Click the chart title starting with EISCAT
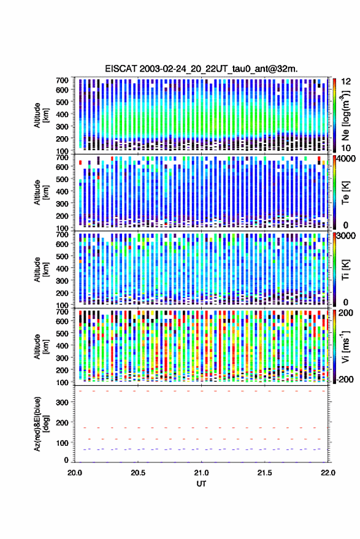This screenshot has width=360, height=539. tap(201, 69)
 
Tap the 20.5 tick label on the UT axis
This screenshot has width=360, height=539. tap(138, 473)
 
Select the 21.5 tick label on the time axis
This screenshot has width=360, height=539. tap(264, 473)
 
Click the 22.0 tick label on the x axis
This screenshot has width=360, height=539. tap(327, 473)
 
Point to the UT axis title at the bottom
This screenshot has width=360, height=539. tap(201, 484)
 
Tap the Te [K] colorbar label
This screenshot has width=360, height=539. tap(345, 193)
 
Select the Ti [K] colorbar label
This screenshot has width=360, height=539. tap(345, 270)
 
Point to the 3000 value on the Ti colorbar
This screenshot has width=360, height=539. tap(347, 236)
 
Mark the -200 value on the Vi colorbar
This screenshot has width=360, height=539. tap(345, 380)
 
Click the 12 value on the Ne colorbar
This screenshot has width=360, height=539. tap(346, 82)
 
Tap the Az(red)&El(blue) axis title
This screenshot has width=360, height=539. tap(41, 424)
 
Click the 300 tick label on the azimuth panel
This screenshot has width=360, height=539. tap(62, 402)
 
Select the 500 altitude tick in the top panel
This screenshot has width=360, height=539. tap(62, 102)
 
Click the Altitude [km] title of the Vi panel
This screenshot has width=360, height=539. tap(41, 346)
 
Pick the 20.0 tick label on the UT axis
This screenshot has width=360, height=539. tap(75, 473)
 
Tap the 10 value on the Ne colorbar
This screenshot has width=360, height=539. tap(346, 148)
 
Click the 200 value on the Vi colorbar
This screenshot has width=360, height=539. tap(346, 313)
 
